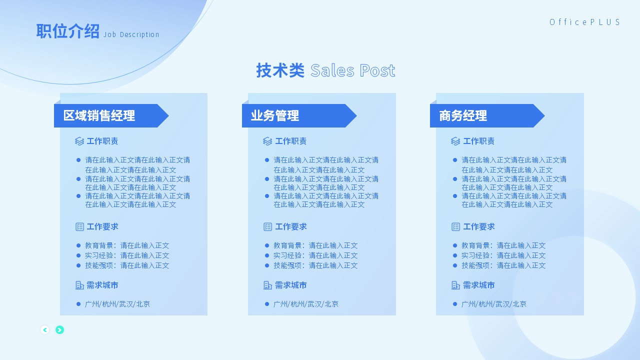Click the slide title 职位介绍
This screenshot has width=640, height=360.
[67, 31]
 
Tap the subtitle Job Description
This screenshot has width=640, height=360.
[131, 34]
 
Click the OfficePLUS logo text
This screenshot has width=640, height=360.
[584, 22]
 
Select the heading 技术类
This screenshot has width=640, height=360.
[280, 70]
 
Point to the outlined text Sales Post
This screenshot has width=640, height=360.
[353, 70]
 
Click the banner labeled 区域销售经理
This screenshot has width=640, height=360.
[111, 115]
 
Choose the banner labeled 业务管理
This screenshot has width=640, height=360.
[299, 115]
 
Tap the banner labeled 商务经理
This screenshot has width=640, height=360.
[487, 115]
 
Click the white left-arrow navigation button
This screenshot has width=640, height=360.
[45, 330]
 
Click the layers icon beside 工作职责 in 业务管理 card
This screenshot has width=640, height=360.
[267, 141]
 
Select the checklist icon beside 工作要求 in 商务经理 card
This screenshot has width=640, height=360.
[455, 227]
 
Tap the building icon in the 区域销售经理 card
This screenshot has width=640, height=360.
[79, 285]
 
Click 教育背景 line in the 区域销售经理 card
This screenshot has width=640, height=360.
[127, 245]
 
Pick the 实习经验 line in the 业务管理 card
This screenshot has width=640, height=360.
[315, 255]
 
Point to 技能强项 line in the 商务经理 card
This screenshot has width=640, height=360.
[503, 265]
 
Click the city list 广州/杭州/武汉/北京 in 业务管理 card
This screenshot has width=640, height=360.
[305, 304]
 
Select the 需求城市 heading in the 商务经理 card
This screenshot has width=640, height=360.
[478, 285]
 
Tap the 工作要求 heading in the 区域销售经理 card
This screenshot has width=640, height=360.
[102, 227]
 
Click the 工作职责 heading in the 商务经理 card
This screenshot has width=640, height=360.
[478, 141]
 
